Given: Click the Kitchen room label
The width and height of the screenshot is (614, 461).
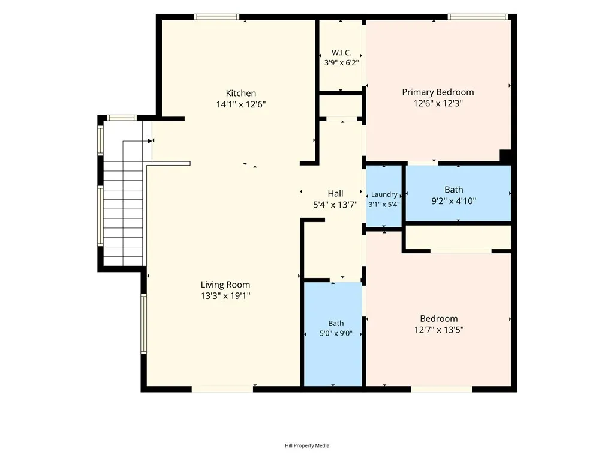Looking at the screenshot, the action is tap(241, 93).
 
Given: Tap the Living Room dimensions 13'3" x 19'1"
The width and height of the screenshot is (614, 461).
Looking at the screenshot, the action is tap(225, 295).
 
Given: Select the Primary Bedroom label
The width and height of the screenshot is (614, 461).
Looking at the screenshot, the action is tap(438, 92).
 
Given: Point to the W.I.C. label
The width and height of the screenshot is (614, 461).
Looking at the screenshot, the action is tap(341, 53).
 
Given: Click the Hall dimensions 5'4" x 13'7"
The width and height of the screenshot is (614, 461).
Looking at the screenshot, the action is tap(336, 204).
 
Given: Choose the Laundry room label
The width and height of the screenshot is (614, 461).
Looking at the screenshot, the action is tap(384, 195).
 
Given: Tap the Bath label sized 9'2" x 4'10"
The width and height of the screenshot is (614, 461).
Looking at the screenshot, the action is tap(454, 190).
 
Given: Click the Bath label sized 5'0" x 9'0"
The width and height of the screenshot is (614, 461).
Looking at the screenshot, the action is tap(336, 323).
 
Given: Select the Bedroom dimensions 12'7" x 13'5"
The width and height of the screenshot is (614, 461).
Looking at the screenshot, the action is tap(439, 330).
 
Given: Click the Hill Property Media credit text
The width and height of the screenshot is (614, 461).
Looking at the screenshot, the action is tap(307, 445).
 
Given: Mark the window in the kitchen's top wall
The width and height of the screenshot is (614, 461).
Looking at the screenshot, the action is tap(216, 17).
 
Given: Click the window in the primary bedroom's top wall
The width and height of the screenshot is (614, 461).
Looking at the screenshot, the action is tap(478, 17).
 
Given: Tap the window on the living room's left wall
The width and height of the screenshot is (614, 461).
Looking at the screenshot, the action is tap(143, 324).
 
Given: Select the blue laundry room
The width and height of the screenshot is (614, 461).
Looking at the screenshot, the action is tap(384, 196).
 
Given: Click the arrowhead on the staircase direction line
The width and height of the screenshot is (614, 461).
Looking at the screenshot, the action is tap(151, 140).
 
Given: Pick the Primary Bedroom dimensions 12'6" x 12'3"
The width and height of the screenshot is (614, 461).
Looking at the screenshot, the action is tap(438, 103).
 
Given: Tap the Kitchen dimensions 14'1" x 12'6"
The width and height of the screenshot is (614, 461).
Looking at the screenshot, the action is tap(241, 104).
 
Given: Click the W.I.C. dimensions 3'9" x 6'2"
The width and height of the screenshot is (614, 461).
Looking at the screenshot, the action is tap(341, 62).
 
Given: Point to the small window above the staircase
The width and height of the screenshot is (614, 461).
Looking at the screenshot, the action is tap(121, 118).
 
